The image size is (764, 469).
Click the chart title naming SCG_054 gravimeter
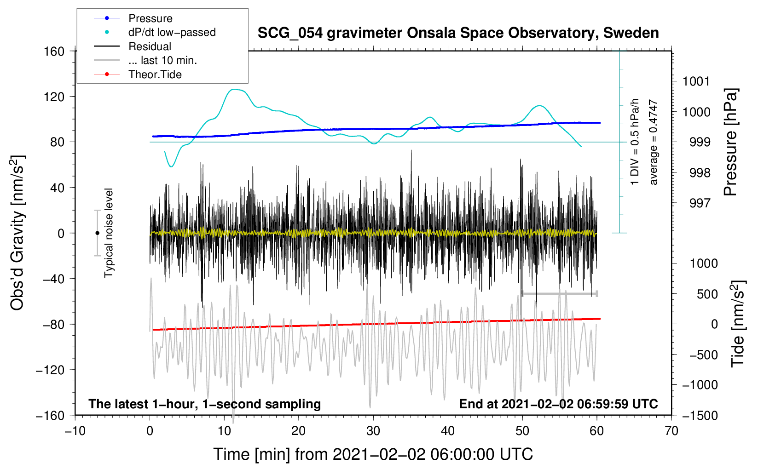coord(458,33)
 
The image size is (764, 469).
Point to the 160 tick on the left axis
coord(54,51)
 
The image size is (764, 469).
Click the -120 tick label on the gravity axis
coord(50,370)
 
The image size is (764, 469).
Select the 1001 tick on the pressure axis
coord(696,81)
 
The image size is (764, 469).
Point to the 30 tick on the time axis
coord(373,431)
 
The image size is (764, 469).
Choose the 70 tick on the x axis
coord(671,431)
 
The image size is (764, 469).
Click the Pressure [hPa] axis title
coord(730,142)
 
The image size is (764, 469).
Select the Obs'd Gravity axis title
coord(17,233)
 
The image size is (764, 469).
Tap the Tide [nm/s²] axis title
coord(738,324)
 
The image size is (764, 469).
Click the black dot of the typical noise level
coord(97,233)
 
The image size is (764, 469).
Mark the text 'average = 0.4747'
coord(653,142)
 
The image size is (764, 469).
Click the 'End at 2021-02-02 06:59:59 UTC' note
coord(558,404)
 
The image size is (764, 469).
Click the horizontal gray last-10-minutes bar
coord(559,293)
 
